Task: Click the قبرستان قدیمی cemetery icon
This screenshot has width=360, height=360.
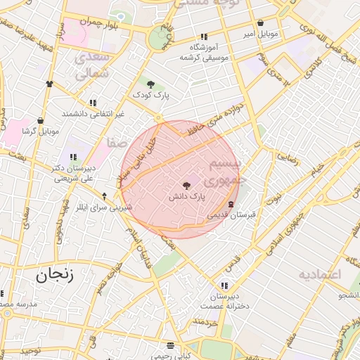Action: pyautogui.click(x=231, y=204)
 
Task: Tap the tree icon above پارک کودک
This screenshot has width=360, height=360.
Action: pyautogui.click(x=150, y=84)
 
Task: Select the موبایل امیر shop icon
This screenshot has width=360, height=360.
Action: pyautogui.click(x=261, y=23)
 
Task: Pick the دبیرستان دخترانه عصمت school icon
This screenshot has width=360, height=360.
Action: pyautogui.click(x=224, y=285)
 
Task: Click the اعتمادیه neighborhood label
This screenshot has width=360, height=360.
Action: pyautogui.click(x=319, y=274)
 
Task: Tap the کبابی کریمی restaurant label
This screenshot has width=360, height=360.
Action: pyautogui.click(x=172, y=356)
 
